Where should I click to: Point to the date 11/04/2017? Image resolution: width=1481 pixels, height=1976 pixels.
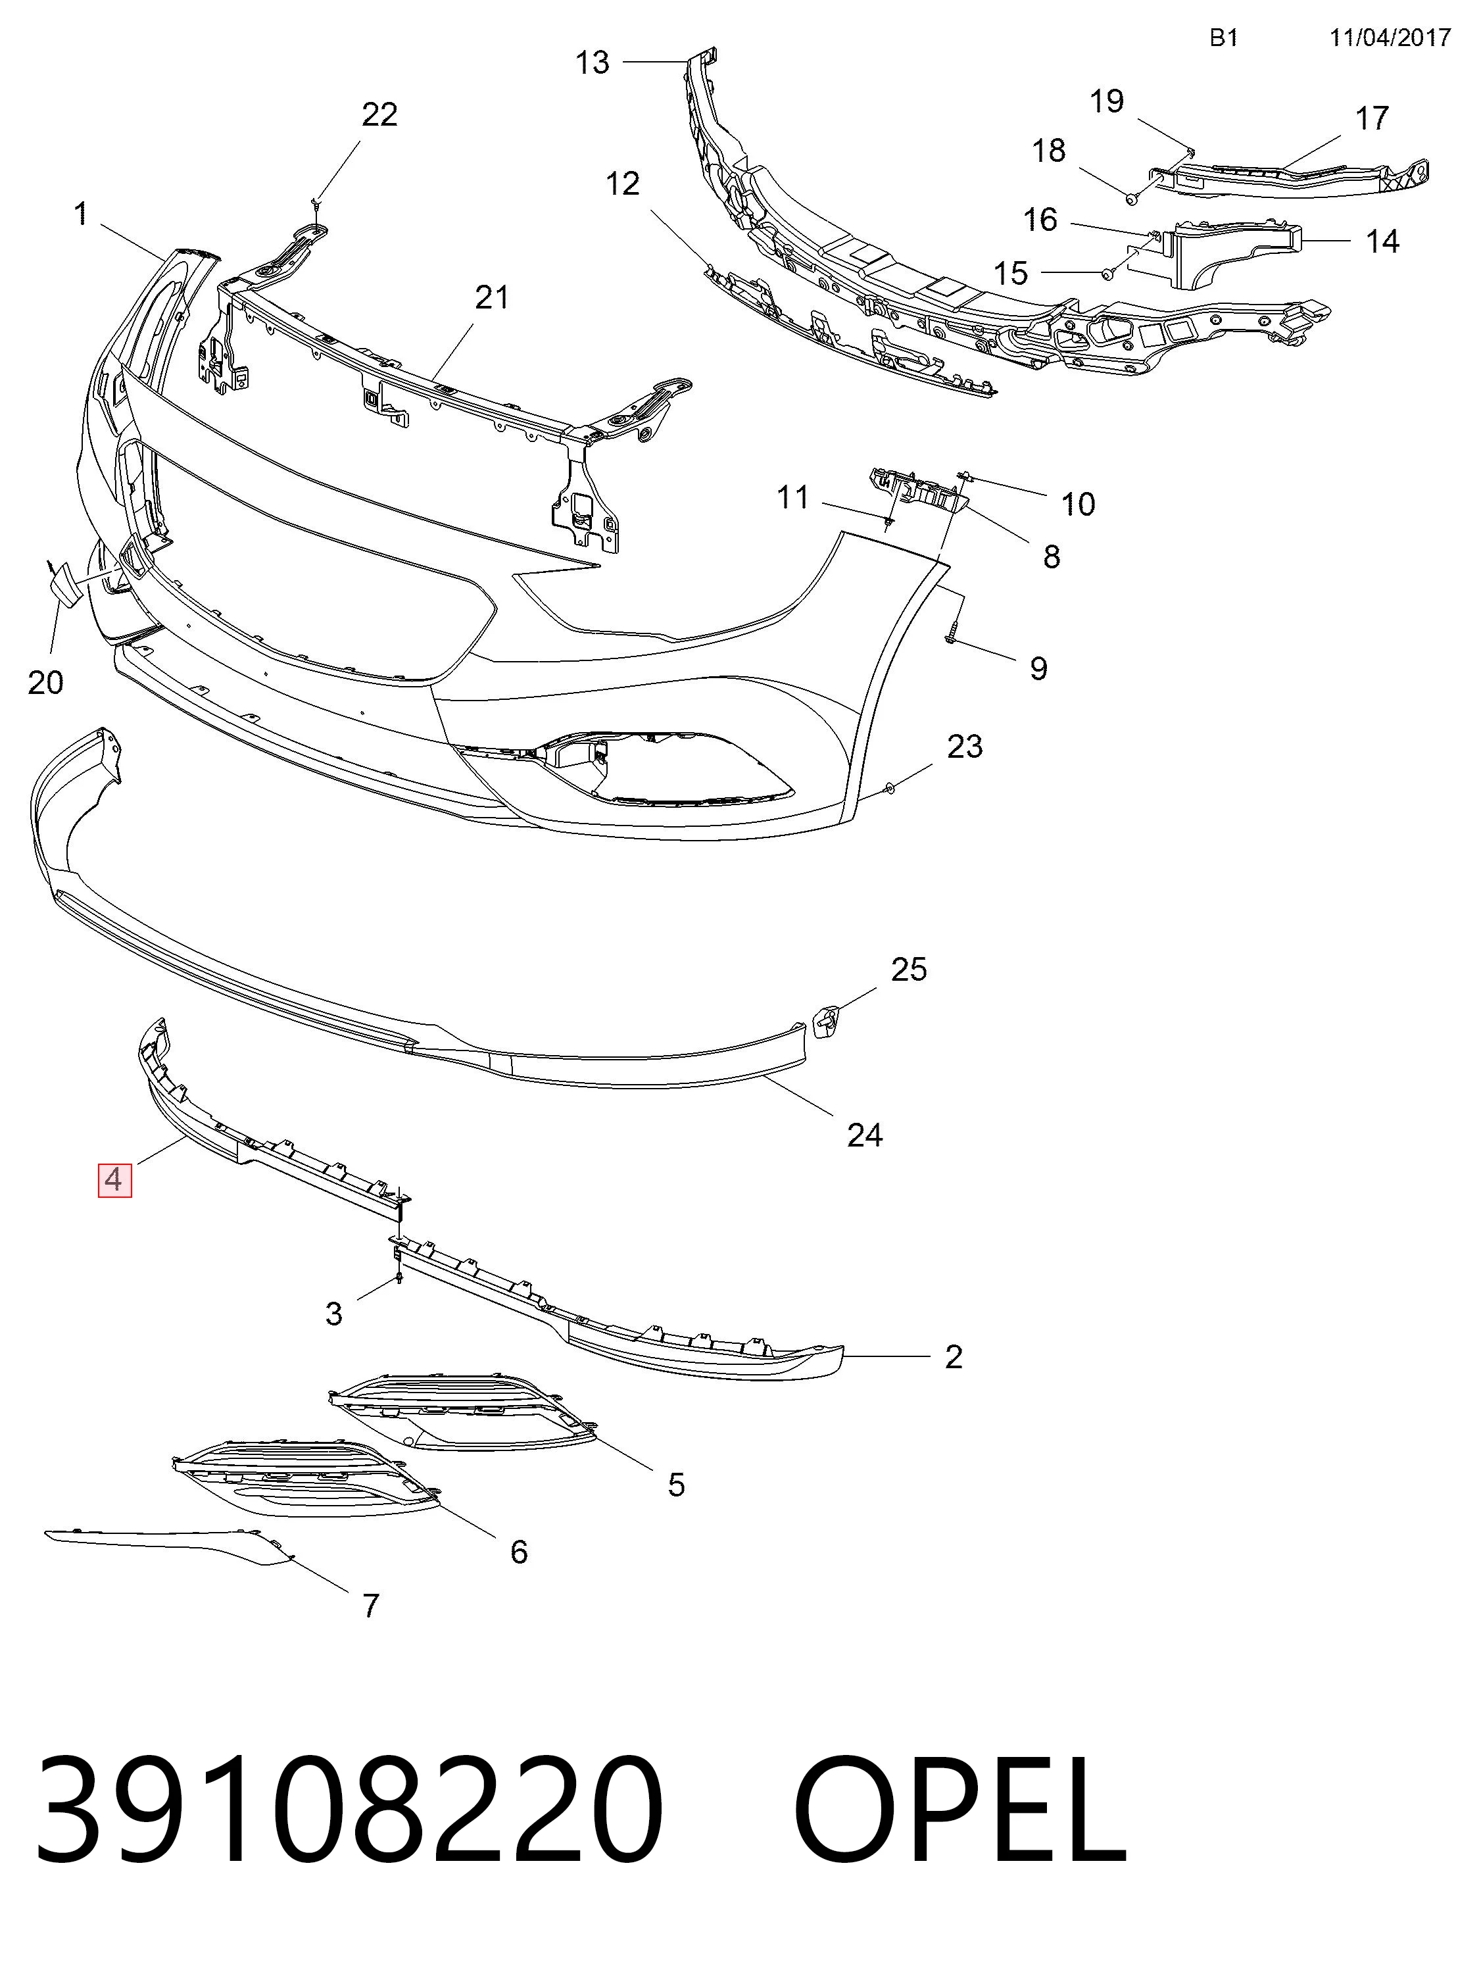[x=1390, y=37]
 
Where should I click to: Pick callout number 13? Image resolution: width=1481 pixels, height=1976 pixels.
[x=593, y=62]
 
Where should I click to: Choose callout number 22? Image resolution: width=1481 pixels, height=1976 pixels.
[x=379, y=115]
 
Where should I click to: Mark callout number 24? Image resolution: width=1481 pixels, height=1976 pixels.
[x=865, y=1135]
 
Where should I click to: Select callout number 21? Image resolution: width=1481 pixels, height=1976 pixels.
[x=492, y=297]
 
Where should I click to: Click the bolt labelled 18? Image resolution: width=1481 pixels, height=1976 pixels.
[x=1130, y=197]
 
